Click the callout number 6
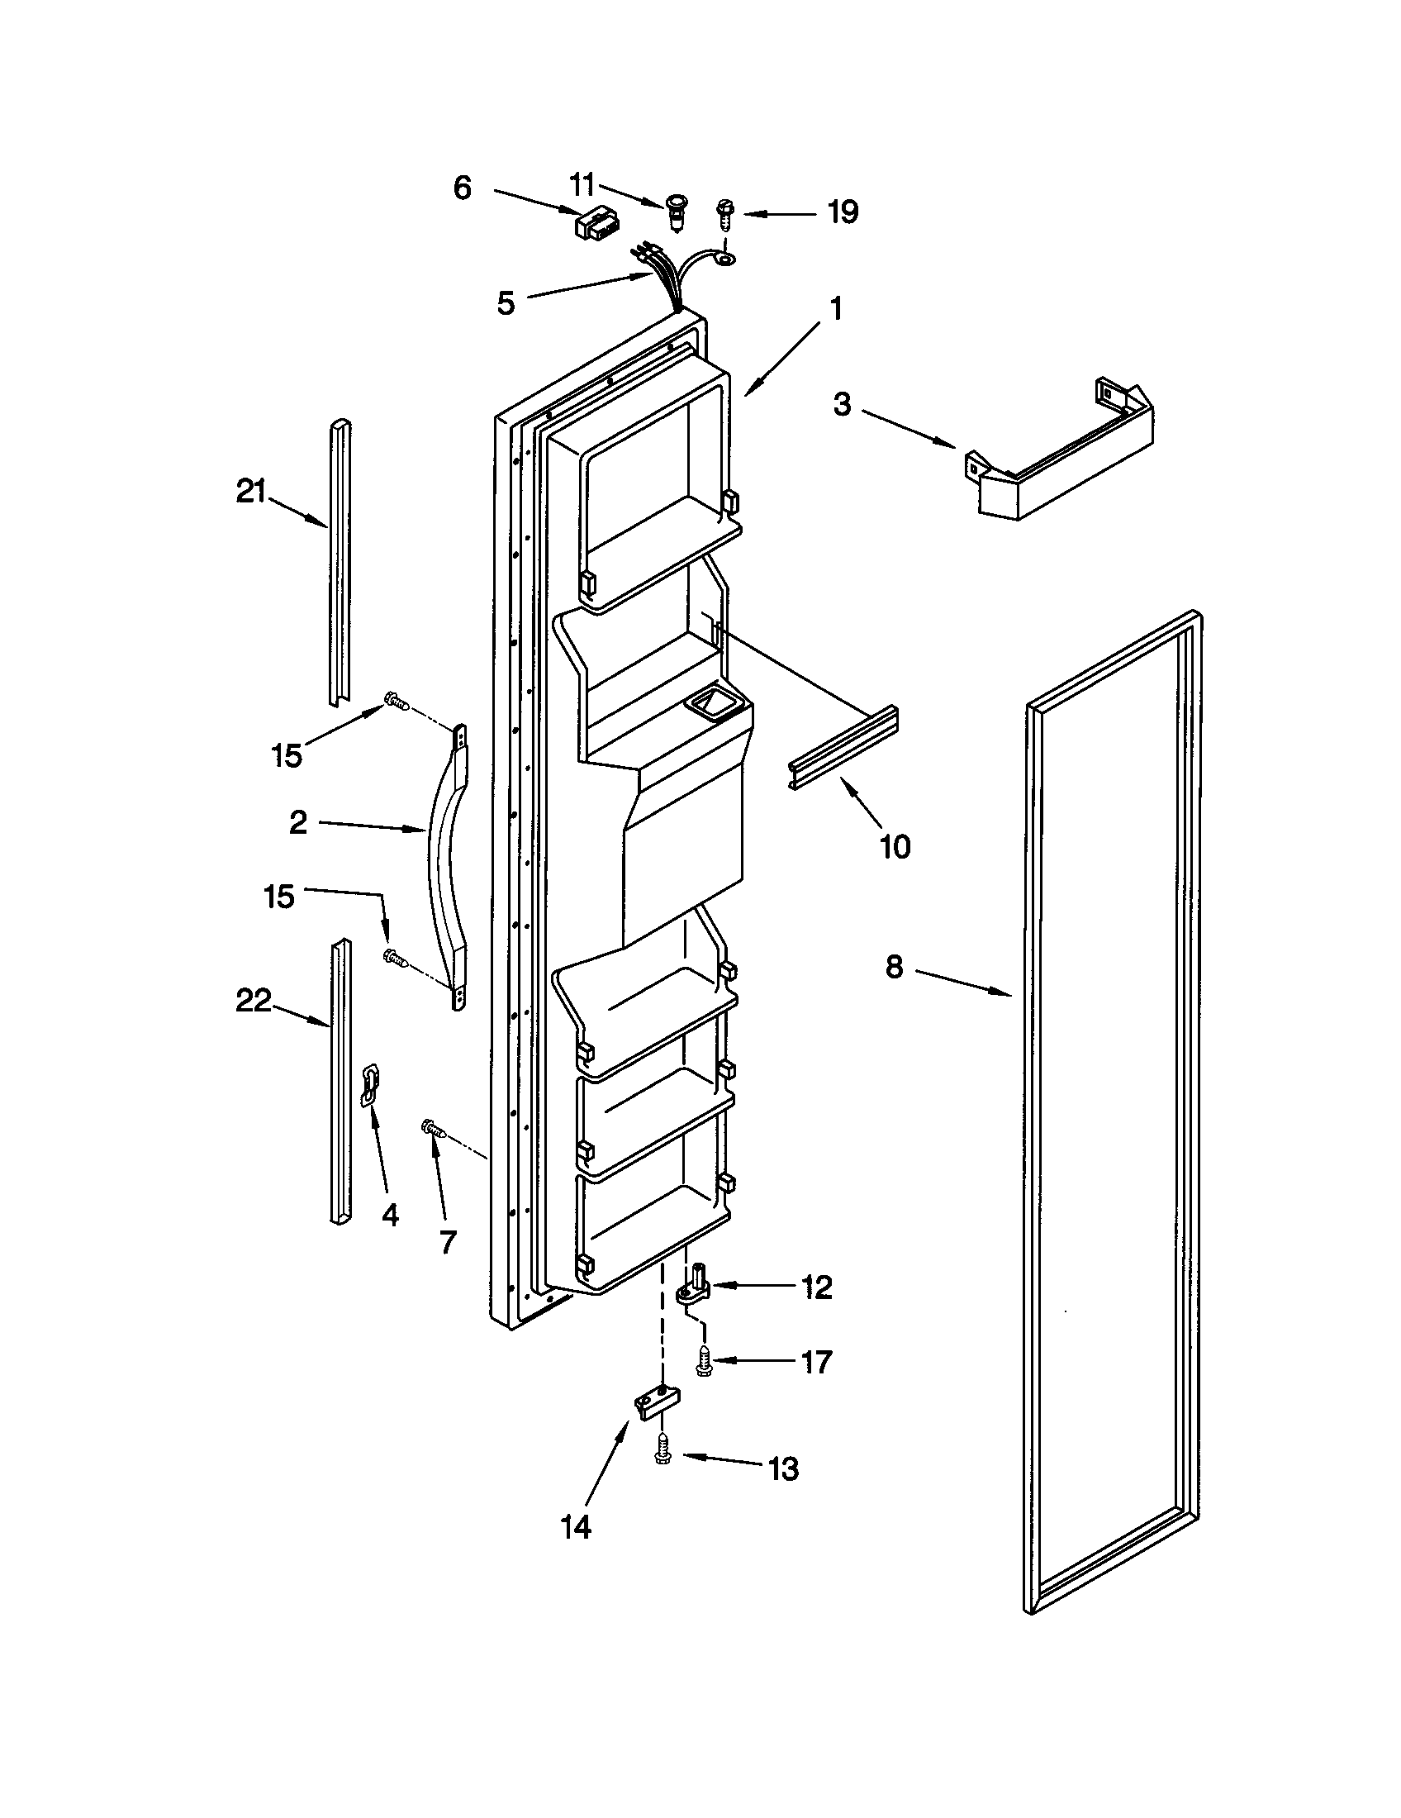463,188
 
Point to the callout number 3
843,406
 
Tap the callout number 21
250,492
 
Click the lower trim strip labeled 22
340,1083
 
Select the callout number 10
895,847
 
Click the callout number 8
894,968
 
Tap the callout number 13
783,1468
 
